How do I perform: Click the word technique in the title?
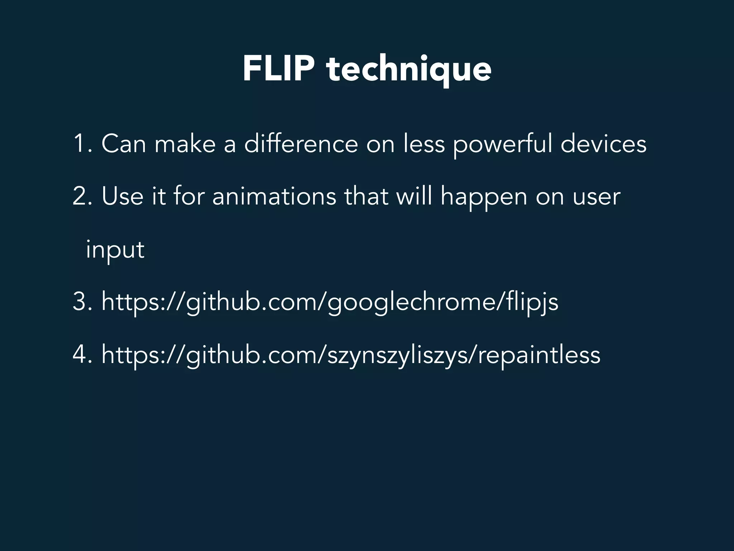(x=409, y=70)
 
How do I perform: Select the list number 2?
(x=80, y=196)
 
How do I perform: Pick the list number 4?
(x=80, y=354)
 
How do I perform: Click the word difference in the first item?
(x=301, y=143)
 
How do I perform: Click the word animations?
(x=274, y=196)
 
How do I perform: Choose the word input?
(x=115, y=250)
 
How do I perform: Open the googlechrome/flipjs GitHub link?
(x=330, y=302)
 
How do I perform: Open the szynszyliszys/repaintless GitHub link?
(x=351, y=355)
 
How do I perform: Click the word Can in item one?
(x=124, y=143)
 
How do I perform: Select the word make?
(x=185, y=143)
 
